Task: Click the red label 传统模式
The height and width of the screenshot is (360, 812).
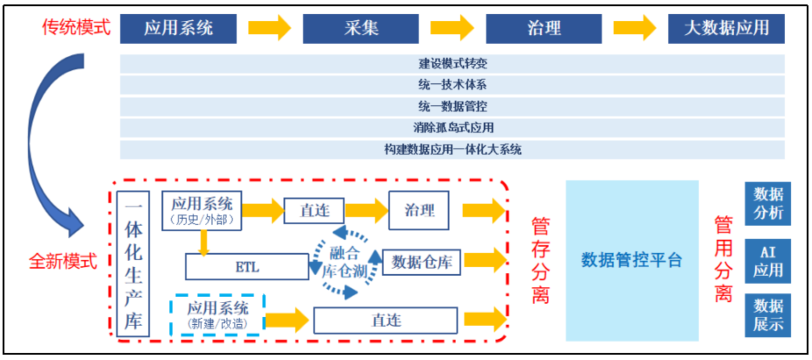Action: click(76, 27)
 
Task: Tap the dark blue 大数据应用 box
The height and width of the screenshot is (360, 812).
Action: click(726, 28)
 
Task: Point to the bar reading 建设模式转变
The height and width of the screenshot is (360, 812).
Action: click(452, 64)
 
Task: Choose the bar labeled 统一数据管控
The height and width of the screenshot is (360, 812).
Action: click(452, 106)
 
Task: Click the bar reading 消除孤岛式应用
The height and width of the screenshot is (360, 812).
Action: click(452, 128)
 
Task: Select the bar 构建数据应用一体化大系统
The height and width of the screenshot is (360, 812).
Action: click(452, 149)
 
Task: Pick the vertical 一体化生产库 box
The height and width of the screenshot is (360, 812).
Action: click(133, 264)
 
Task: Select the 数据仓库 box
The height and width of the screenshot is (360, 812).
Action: click(420, 261)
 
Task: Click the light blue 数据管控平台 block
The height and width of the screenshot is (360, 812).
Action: click(631, 260)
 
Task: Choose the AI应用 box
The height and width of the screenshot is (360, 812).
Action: click(767, 261)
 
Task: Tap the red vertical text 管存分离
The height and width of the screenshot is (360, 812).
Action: click(541, 261)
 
